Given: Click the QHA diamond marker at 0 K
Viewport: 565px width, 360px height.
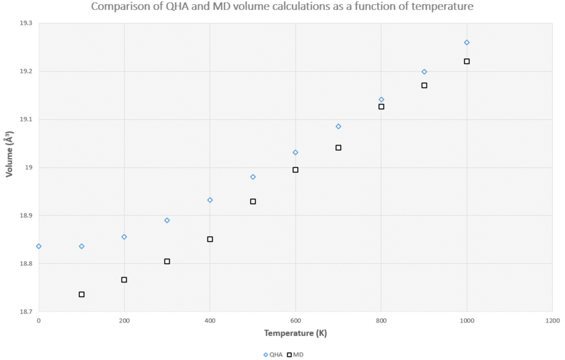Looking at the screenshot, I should tap(39, 246).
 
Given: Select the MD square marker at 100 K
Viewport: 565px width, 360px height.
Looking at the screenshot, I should tap(82, 294).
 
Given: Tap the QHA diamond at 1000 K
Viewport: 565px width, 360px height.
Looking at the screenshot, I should tap(467, 42).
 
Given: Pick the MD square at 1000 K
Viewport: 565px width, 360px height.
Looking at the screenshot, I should tap(467, 61).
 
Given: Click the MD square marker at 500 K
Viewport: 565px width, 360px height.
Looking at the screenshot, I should tap(253, 201).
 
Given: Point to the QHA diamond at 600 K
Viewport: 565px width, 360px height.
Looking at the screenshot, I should tap(295, 152).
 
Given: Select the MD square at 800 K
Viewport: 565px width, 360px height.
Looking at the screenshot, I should tap(381, 107).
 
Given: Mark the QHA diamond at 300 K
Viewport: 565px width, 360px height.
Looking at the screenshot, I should tap(167, 220).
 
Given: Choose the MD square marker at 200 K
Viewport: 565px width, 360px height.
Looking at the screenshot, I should tap(124, 280).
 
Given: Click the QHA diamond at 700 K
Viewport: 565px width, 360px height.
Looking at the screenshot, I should tap(338, 126).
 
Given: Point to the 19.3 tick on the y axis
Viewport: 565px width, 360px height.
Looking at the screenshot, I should tap(25, 23).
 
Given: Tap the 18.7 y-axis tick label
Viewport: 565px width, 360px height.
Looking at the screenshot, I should tap(25, 311).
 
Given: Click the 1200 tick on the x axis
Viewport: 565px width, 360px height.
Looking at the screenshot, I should tap(552, 320).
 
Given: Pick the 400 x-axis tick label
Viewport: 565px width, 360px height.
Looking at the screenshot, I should tap(210, 320).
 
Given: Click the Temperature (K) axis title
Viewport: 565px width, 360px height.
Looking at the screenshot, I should tap(295, 332).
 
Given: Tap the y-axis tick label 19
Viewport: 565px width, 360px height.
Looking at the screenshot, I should tap(29, 167).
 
